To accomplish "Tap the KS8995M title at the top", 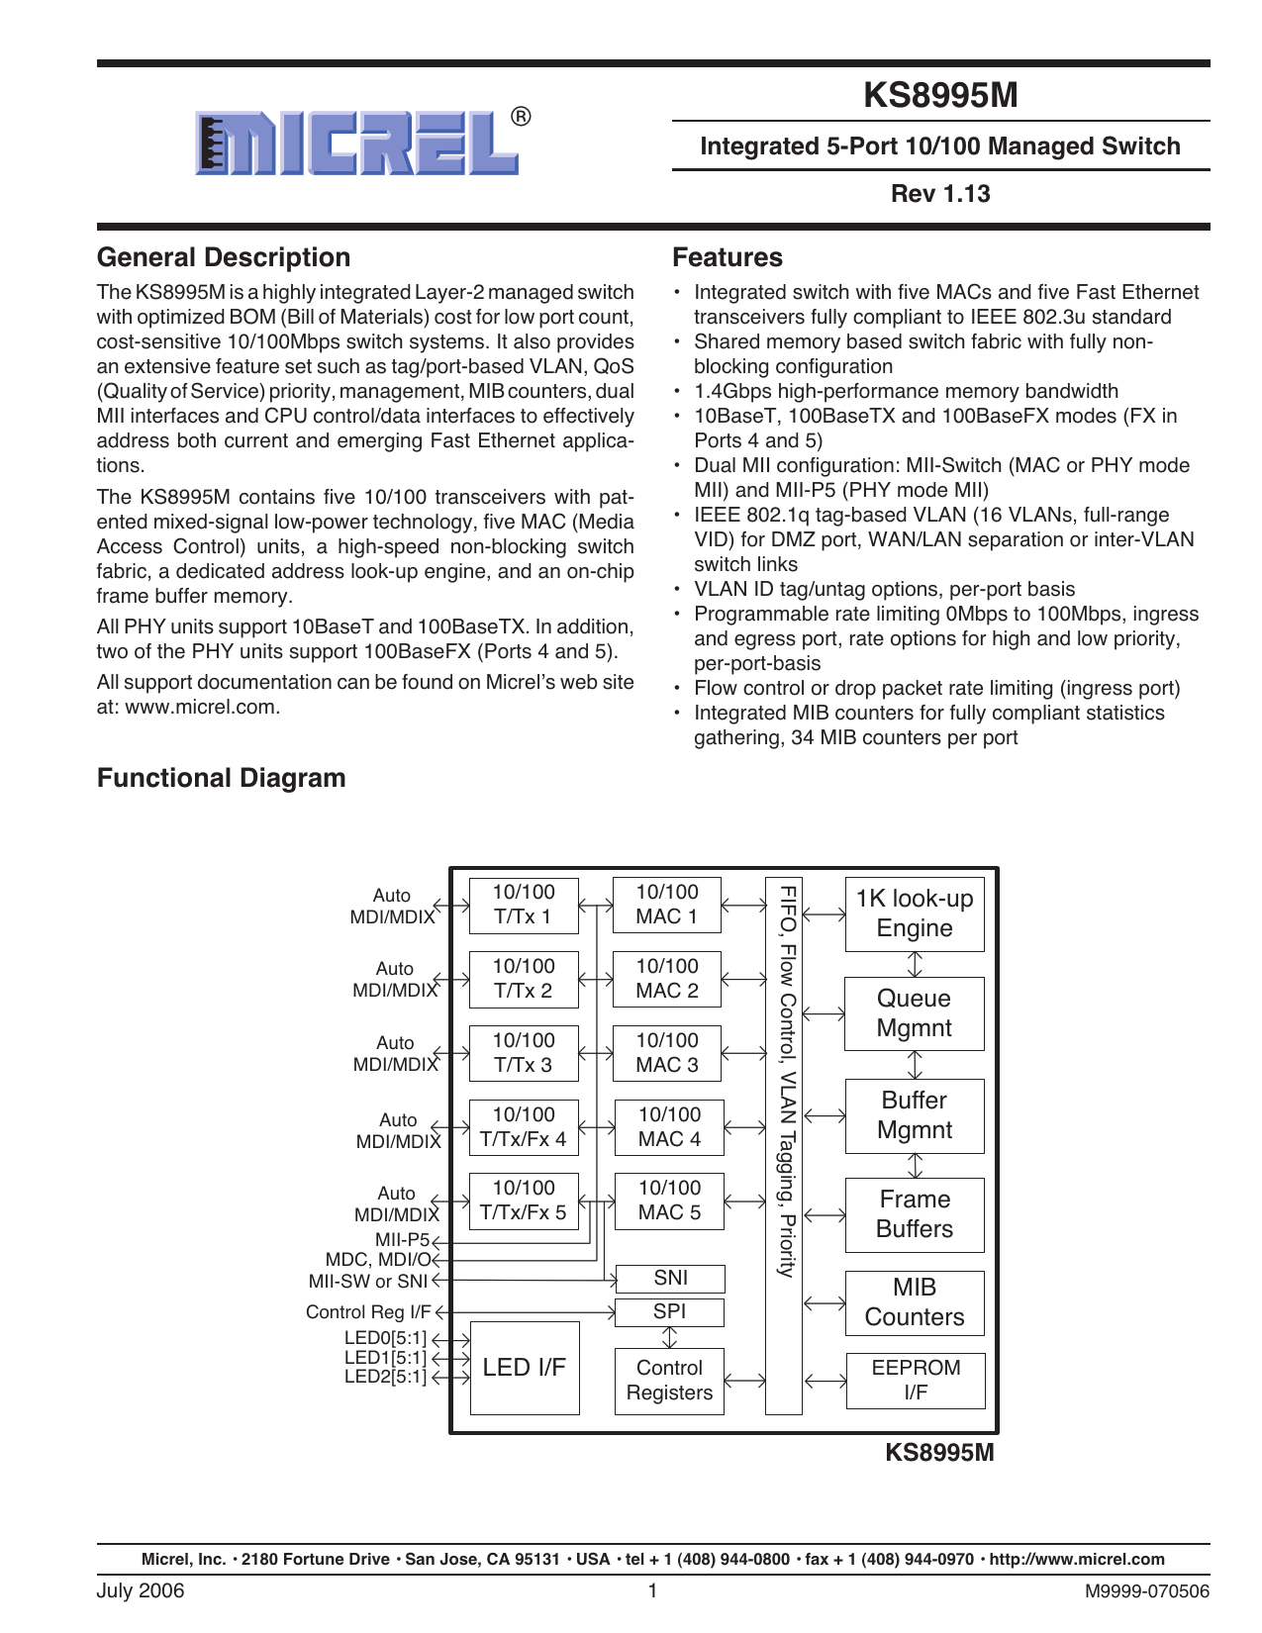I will pyautogui.click(x=940, y=95).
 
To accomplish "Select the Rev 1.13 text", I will pyautogui.click(x=940, y=194).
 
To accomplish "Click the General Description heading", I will pyautogui.click(x=224, y=257).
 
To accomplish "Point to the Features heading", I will pyautogui.click(x=728, y=257).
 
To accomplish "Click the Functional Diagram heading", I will pyautogui.click(x=222, y=778).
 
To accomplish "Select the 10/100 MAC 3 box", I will pyautogui.click(x=667, y=1053).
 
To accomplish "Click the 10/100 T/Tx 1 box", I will pyautogui.click(x=524, y=905).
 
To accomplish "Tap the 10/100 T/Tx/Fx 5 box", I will pyautogui.click(x=524, y=1201).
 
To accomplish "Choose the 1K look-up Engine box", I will pyautogui.click(x=915, y=913).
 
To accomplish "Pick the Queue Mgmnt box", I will pyautogui.click(x=915, y=1013).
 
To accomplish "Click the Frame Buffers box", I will pyautogui.click(x=915, y=1214).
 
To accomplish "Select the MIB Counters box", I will pyautogui.click(x=915, y=1302).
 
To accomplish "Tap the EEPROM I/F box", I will pyautogui.click(x=916, y=1380).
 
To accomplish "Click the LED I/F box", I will pyautogui.click(x=524, y=1368).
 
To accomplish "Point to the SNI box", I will pyautogui.click(x=670, y=1279).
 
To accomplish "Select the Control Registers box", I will pyautogui.click(x=669, y=1381).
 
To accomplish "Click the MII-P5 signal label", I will pyautogui.click(x=402, y=1240).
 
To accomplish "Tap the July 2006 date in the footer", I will pyautogui.click(x=141, y=1591).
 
